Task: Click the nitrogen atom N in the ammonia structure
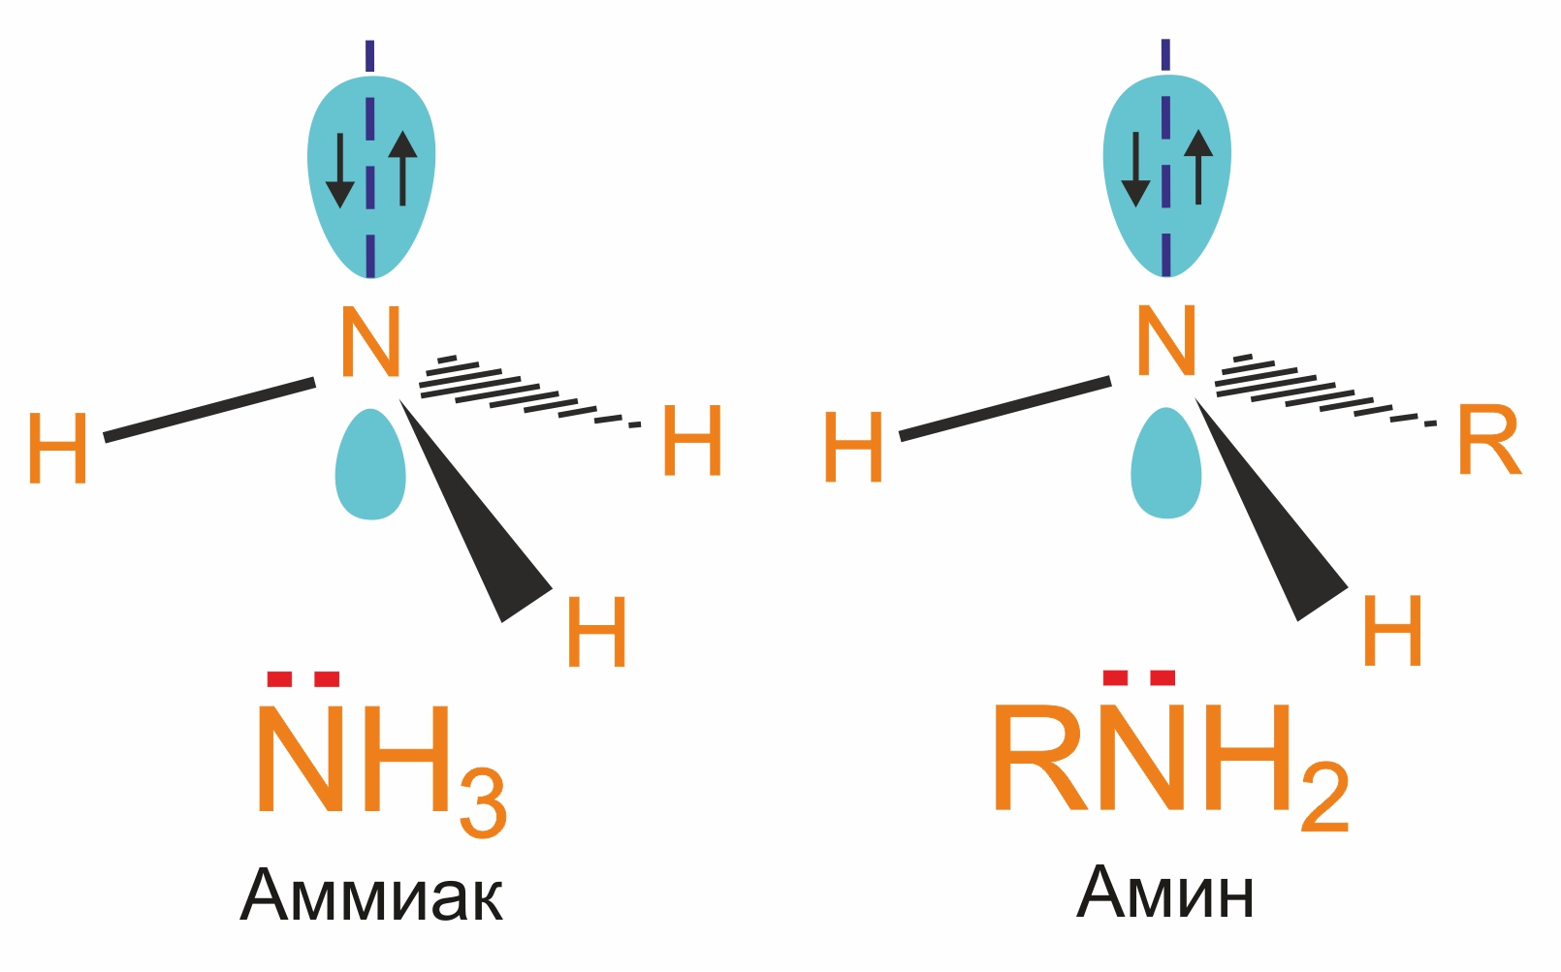coord(370,342)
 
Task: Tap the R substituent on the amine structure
coord(1489,441)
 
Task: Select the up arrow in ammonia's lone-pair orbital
coord(402,169)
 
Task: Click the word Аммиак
coord(371,895)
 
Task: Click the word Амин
coord(1165,893)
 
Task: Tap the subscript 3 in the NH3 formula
coord(483,803)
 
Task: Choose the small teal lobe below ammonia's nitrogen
coord(370,465)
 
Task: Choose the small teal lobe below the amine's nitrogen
coord(1166,464)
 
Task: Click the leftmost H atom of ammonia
coord(57,448)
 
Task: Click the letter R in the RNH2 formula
coord(1037,758)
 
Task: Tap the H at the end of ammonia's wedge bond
coord(596,632)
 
